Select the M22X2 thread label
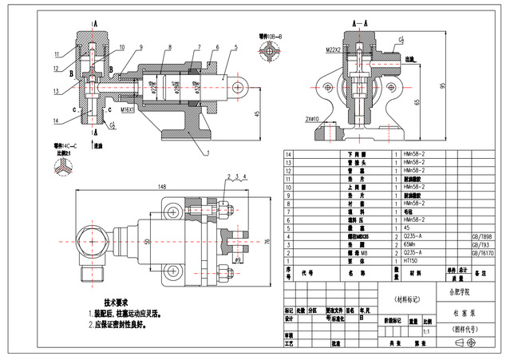(333, 49)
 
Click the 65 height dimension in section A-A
(417, 102)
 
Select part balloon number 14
(57, 121)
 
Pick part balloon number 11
(57, 54)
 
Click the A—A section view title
(363, 24)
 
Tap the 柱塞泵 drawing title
(462, 314)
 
